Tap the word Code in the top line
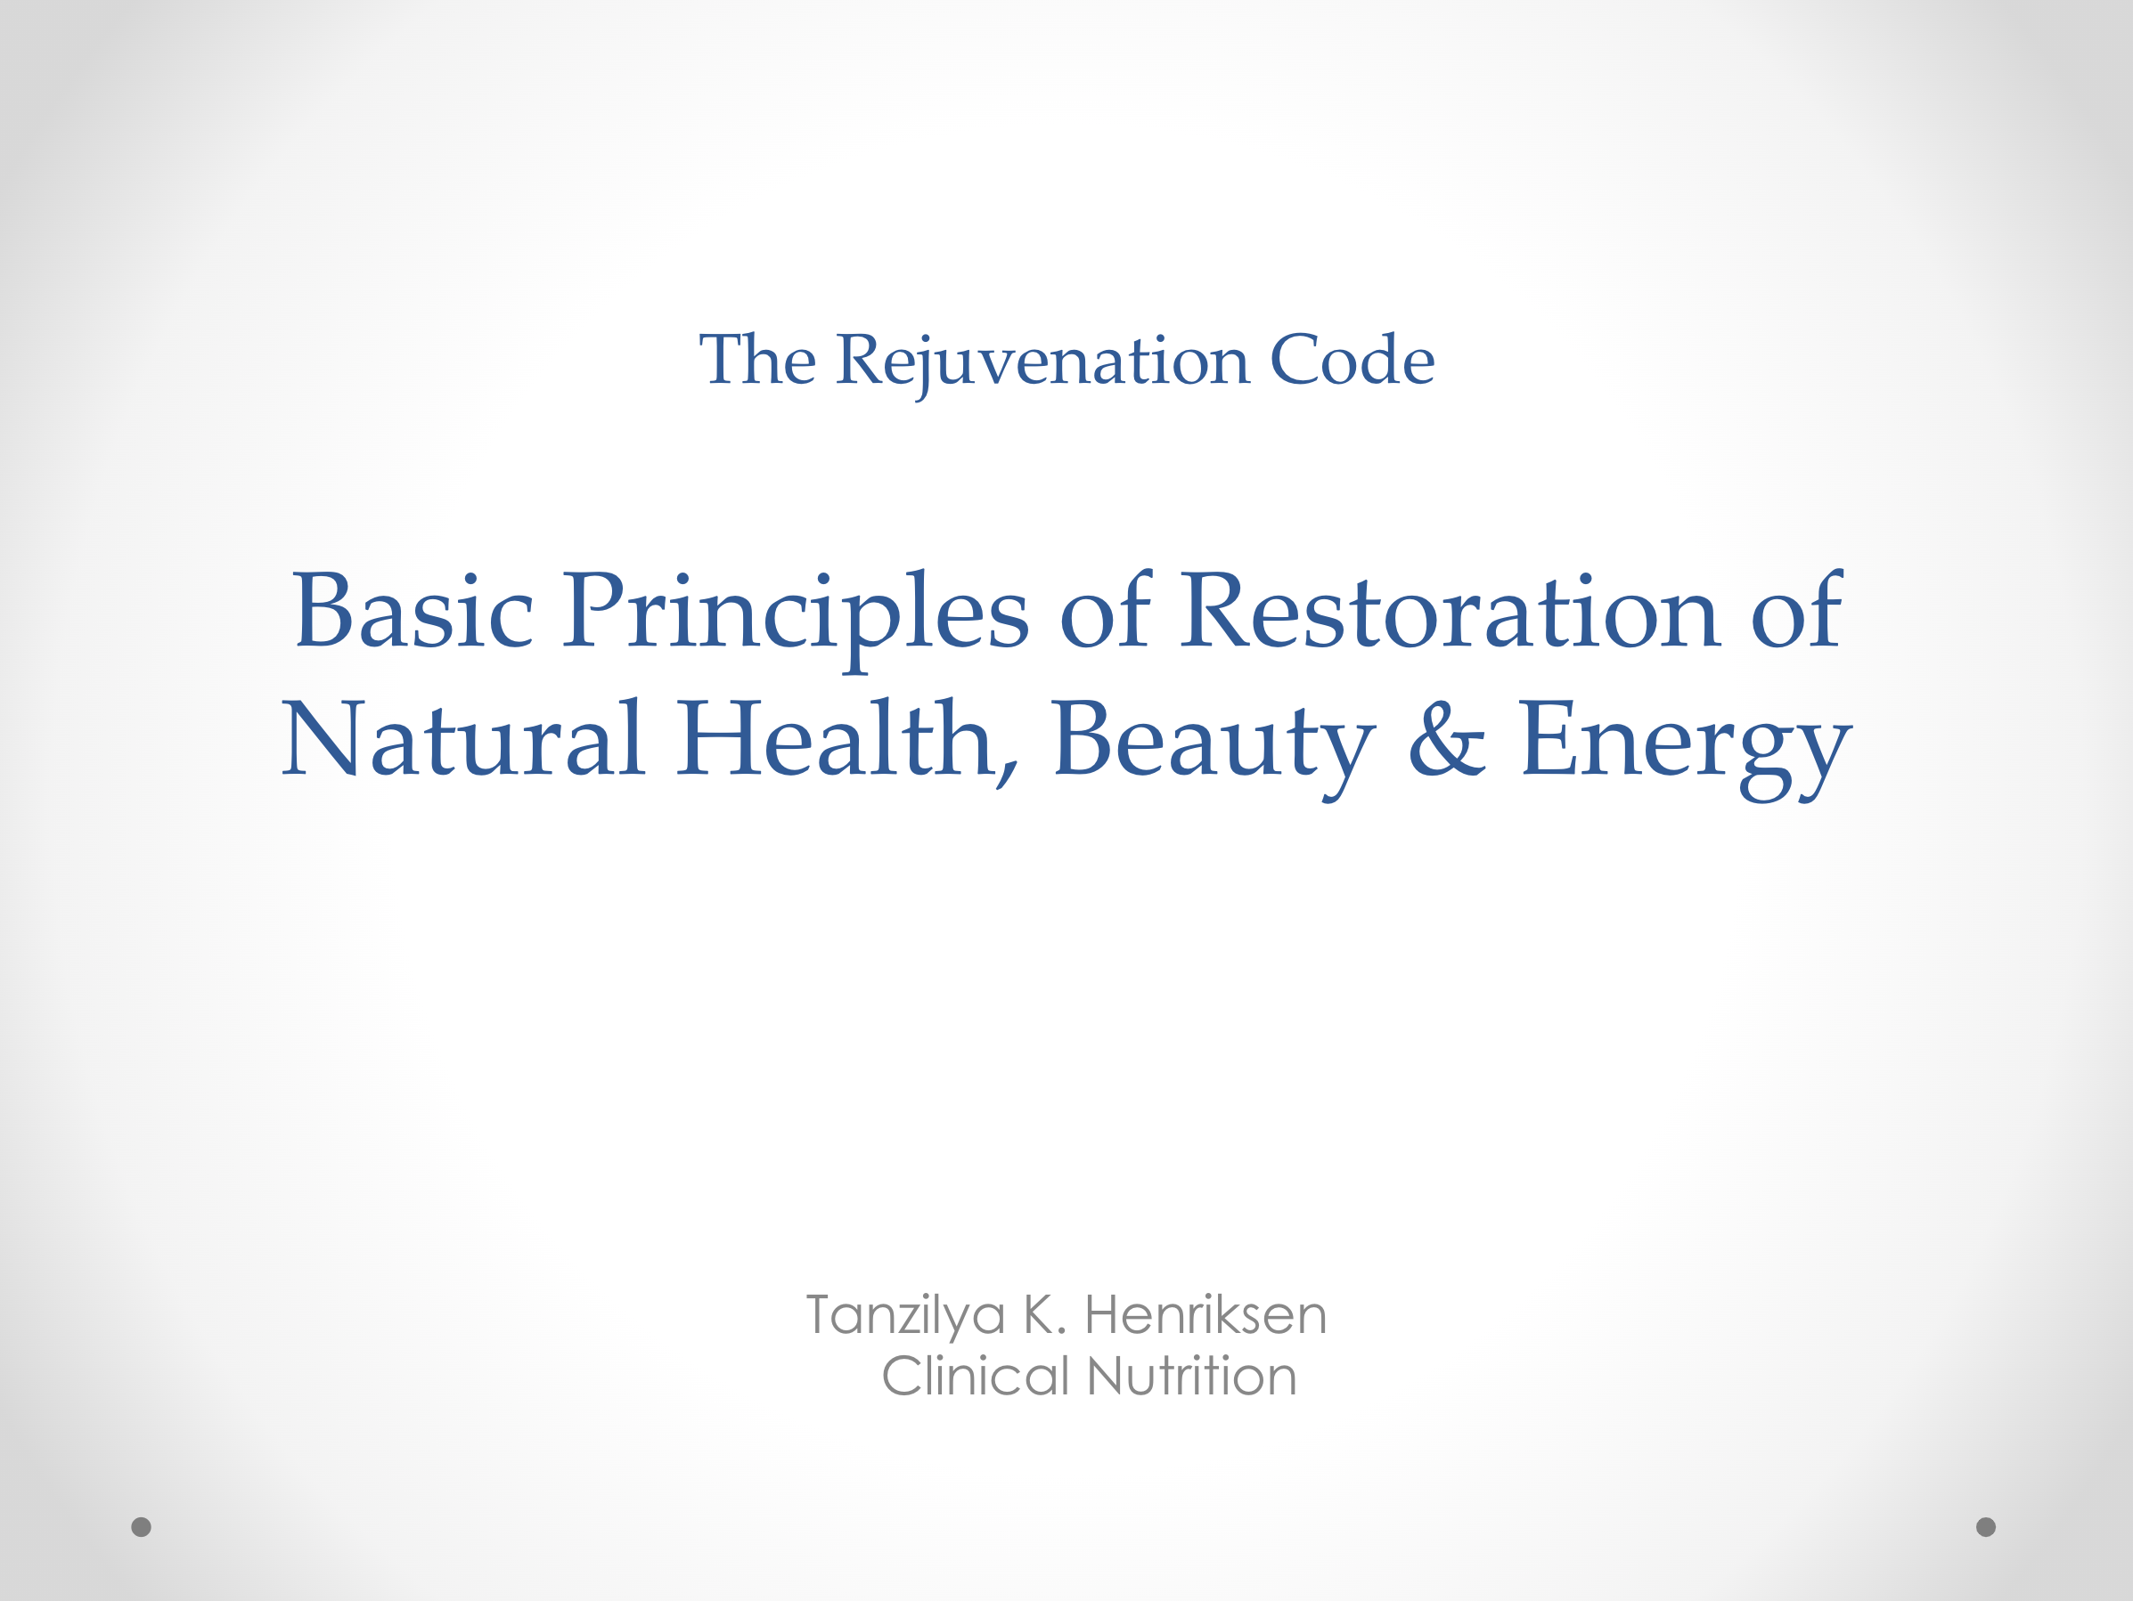click(x=1352, y=360)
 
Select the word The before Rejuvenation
click(x=758, y=360)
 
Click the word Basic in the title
click(x=413, y=610)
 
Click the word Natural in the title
click(x=462, y=738)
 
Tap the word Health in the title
click(x=846, y=740)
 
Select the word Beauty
click(x=1214, y=748)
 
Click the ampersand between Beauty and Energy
click(x=1446, y=738)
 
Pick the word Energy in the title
click(x=1685, y=748)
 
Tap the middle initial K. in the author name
click(x=1044, y=1315)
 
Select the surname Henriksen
click(x=1205, y=1315)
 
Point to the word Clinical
click(x=975, y=1376)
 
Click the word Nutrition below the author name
click(x=1192, y=1376)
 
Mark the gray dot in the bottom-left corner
click(x=141, y=1527)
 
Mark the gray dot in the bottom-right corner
click(x=1986, y=1527)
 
